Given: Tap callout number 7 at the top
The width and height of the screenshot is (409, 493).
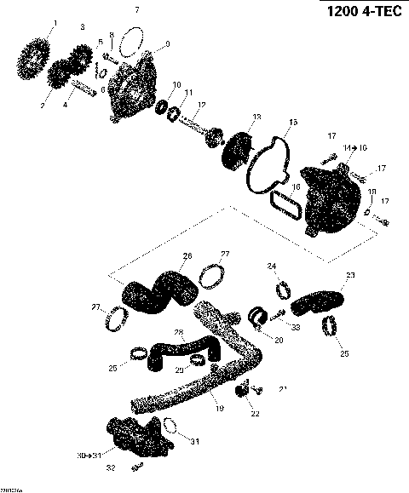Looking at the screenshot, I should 135,9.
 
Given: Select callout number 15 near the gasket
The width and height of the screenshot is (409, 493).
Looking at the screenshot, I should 292,123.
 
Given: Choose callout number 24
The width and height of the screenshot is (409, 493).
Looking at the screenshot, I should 272,267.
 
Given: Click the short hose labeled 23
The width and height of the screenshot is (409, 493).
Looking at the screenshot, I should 320,298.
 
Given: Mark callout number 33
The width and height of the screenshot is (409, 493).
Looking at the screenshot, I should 297,326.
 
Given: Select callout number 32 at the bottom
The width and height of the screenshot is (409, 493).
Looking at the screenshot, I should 110,468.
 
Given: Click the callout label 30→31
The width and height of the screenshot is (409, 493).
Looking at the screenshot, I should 88,456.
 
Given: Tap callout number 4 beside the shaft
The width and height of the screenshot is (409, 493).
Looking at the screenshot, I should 64,106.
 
